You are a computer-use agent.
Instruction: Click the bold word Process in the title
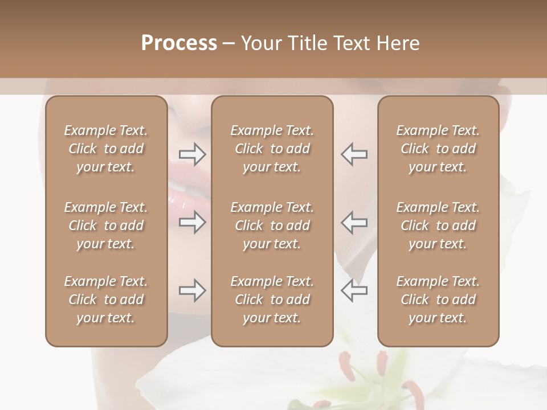(x=179, y=43)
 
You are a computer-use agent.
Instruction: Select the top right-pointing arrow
(x=192, y=154)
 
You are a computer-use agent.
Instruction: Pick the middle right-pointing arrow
(x=192, y=222)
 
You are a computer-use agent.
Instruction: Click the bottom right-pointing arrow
(x=192, y=290)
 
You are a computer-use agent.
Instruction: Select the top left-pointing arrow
(x=354, y=154)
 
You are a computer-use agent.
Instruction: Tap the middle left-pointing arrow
(x=354, y=222)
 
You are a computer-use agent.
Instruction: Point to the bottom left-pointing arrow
(x=354, y=290)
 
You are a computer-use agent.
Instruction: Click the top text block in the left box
(x=106, y=149)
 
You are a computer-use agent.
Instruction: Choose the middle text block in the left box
(x=106, y=225)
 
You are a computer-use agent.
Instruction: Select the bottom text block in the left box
(x=106, y=300)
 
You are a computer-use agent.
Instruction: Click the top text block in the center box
(x=272, y=149)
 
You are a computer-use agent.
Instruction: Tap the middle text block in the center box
(x=272, y=225)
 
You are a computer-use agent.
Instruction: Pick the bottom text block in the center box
(x=272, y=300)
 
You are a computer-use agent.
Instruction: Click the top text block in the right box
(x=438, y=149)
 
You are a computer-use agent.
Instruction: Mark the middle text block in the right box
(x=438, y=225)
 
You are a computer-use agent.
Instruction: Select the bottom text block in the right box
(x=438, y=300)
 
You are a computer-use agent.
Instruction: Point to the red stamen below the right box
(x=414, y=393)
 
